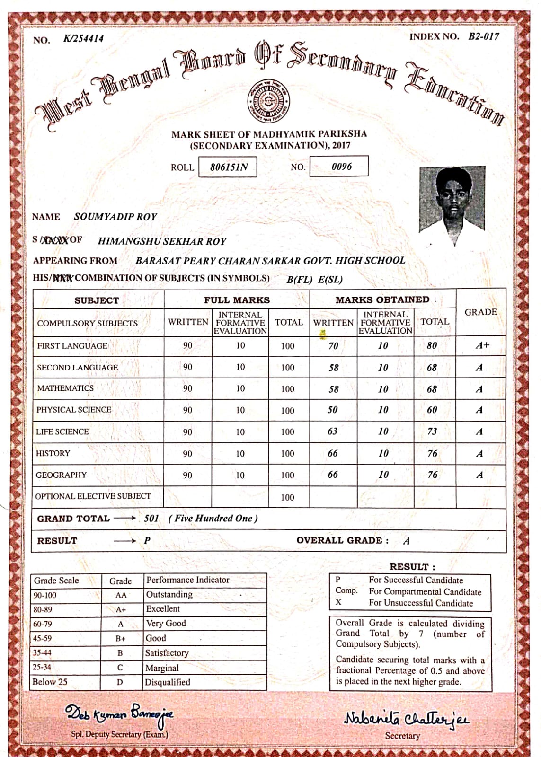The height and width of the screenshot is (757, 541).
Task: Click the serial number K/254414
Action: (x=83, y=39)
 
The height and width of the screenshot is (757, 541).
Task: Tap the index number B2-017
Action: (x=483, y=36)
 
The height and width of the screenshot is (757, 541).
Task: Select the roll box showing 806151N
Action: (x=228, y=167)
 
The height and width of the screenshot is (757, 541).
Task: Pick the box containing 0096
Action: (x=339, y=166)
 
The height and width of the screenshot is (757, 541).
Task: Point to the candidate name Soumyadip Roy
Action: (x=115, y=217)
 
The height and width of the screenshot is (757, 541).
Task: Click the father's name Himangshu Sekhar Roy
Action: (x=162, y=241)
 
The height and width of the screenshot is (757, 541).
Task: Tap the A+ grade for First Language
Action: (x=482, y=345)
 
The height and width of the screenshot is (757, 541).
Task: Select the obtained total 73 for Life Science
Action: (x=432, y=431)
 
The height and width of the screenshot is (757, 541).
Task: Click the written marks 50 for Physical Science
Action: (x=333, y=410)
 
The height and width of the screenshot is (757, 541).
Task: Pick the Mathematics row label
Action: (x=65, y=388)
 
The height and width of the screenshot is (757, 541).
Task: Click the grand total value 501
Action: (x=151, y=518)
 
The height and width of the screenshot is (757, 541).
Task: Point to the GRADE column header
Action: (x=480, y=312)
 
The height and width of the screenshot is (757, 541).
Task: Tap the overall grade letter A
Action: (x=406, y=541)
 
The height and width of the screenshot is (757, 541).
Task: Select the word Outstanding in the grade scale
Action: (x=169, y=595)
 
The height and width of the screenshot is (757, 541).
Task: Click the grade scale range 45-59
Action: (x=42, y=638)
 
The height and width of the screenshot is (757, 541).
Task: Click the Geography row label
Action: (x=62, y=475)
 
